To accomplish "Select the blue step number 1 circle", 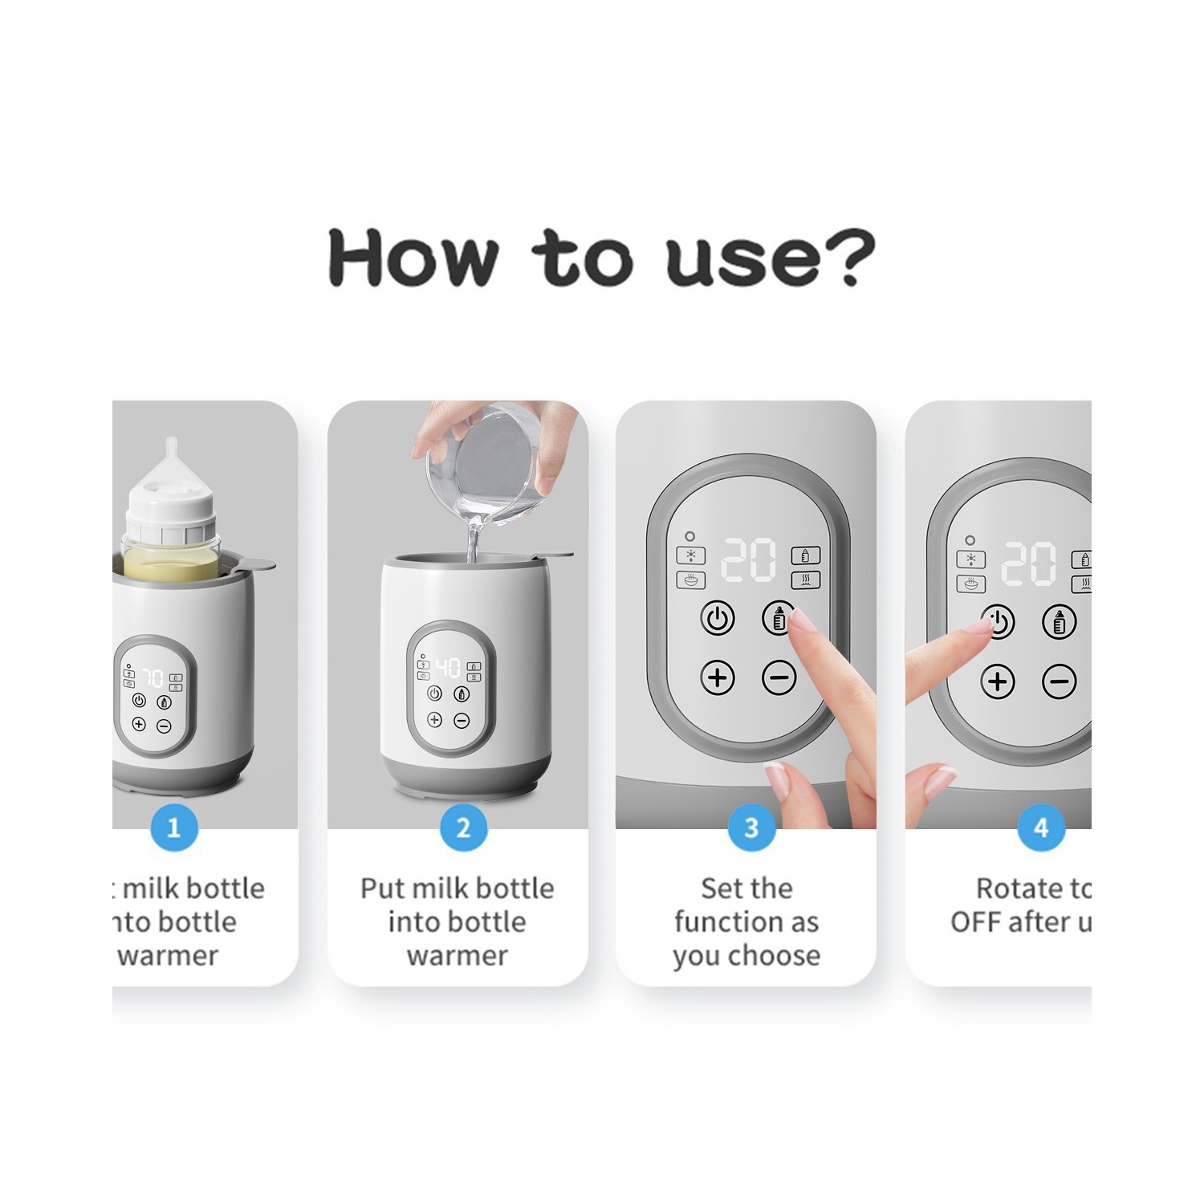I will point(173,828).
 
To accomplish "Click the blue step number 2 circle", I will point(463,828).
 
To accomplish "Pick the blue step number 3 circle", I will point(751,828).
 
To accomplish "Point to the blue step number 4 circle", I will point(1041,828).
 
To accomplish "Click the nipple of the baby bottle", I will point(172,462).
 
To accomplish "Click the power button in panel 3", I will point(718,619).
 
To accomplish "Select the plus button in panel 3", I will point(718,678).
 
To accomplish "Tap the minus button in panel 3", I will point(779,678).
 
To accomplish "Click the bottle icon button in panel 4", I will point(1059,621).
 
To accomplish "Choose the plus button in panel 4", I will point(998,682).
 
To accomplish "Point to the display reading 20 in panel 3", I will point(749,559).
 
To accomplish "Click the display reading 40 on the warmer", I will point(448,667).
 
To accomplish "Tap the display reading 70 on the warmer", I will point(153,677).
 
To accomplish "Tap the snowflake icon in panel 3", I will point(690,555).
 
